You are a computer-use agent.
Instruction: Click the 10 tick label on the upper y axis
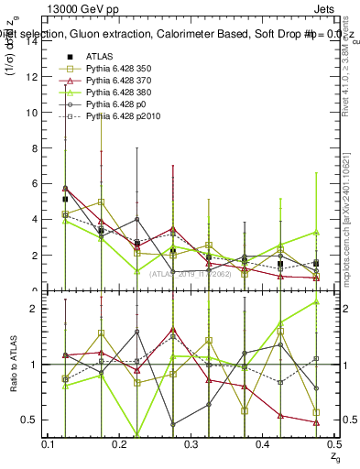click(31, 113)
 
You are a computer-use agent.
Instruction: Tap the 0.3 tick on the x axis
click(191, 443)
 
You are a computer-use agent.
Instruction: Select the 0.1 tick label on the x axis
click(49, 443)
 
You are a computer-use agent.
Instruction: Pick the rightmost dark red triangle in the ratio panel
click(316, 422)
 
